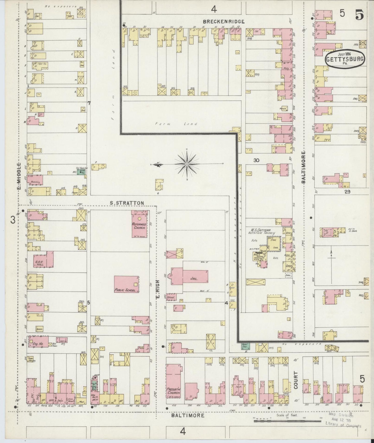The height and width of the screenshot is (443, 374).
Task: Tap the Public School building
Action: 127,284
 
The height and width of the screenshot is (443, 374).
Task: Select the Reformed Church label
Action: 140,226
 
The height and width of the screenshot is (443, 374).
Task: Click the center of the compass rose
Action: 187,164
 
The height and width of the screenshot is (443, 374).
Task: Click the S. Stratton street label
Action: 127,203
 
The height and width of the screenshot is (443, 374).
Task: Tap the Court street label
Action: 296,380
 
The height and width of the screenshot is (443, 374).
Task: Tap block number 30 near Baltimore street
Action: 256,160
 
